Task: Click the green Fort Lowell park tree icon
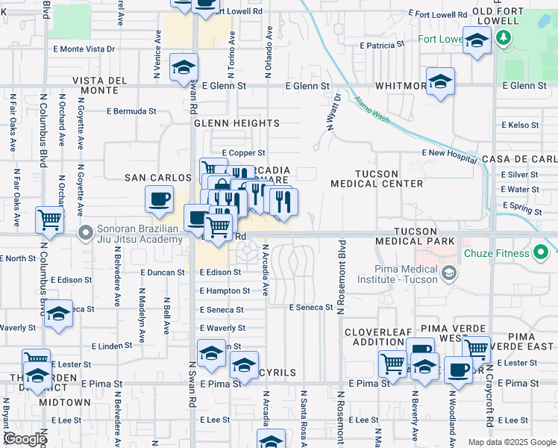pyautogui.click(x=505, y=38)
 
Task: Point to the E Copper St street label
pyautogui.click(x=244, y=152)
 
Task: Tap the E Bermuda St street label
pyautogui.click(x=131, y=111)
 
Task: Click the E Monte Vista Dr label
pyautogui.click(x=84, y=49)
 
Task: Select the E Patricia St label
pyautogui.click(x=381, y=45)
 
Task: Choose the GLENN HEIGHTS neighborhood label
pyautogui.click(x=236, y=123)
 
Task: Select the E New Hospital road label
pyautogui.click(x=448, y=152)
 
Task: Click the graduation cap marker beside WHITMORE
pyautogui.click(x=440, y=82)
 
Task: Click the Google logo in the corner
pyautogui.click(x=25, y=439)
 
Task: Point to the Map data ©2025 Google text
pyautogui.click(x=511, y=442)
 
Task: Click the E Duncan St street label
pyautogui.click(x=162, y=273)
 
